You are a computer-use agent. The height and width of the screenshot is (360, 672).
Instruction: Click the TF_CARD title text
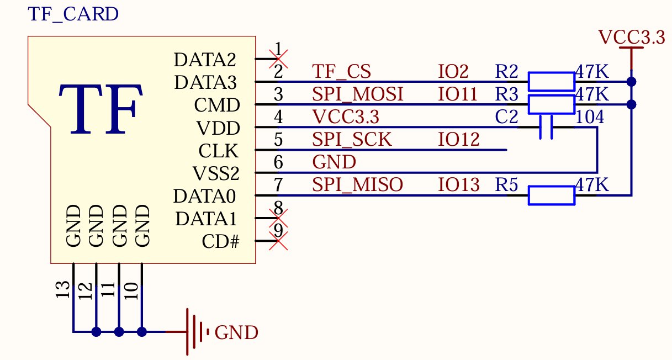click(73, 14)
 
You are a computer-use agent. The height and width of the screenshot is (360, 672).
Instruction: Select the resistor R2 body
click(551, 81)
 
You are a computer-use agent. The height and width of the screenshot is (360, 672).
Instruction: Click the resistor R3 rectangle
click(551, 104)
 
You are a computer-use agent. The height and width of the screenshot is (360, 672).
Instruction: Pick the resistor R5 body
click(551, 195)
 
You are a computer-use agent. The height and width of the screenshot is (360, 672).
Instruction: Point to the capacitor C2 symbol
click(546, 127)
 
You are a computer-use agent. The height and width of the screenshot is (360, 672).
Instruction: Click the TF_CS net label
click(341, 72)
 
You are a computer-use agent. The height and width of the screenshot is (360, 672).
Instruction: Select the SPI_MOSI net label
click(358, 94)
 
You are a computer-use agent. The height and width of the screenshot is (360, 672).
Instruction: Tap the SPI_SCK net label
click(352, 140)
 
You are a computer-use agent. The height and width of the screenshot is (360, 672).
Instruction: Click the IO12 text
click(459, 140)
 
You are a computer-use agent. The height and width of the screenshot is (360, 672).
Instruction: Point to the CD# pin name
click(220, 241)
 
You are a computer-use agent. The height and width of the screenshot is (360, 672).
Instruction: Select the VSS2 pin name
click(216, 173)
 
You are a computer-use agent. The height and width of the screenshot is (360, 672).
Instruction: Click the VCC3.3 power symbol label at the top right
click(631, 38)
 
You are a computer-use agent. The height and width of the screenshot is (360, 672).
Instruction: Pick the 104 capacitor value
click(590, 117)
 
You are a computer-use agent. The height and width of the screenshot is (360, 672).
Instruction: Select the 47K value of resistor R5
click(592, 185)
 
